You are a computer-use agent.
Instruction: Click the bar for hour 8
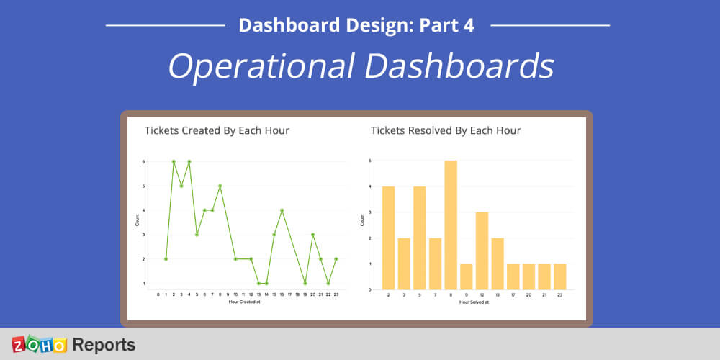pyautogui.click(x=451, y=225)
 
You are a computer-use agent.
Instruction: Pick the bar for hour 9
pyautogui.click(x=466, y=276)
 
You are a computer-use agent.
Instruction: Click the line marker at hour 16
pyautogui.click(x=282, y=210)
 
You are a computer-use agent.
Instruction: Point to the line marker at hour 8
pyautogui.click(x=220, y=186)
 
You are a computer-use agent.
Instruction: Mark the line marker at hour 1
pyautogui.click(x=166, y=258)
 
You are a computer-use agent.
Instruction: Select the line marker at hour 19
pyautogui.click(x=305, y=283)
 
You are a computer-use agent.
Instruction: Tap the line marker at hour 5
pyautogui.click(x=197, y=235)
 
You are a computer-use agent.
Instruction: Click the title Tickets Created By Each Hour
pyautogui.click(x=217, y=130)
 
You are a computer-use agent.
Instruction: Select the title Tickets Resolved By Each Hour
pyautogui.click(x=445, y=130)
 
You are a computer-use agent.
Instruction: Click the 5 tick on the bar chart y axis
pyautogui.click(x=369, y=161)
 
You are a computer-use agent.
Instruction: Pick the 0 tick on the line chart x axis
pyautogui.click(x=158, y=294)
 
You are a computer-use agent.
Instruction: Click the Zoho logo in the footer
pyautogui.click(x=39, y=344)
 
